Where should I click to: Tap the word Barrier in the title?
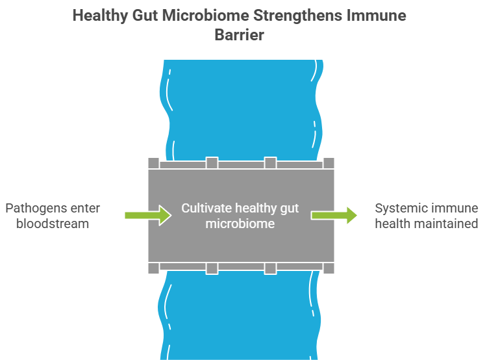[x=240, y=35]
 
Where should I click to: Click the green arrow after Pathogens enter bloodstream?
[x=147, y=215]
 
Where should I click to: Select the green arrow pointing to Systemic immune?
[x=334, y=215]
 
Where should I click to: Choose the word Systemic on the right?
[x=401, y=209]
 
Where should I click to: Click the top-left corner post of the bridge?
[x=153, y=162]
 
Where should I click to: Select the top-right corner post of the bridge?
[x=329, y=162]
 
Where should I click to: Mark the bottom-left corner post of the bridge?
[x=153, y=268]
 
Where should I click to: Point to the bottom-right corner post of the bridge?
[x=329, y=268]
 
